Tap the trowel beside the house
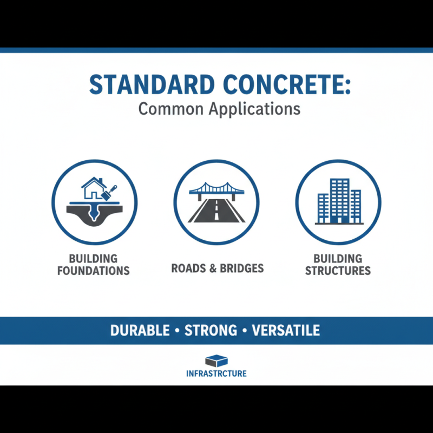tap(110, 192)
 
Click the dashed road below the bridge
tap(216, 211)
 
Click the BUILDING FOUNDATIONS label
tap(94, 264)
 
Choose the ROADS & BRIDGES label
tap(217, 268)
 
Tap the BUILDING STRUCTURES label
tap(338, 264)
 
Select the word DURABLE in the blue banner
tap(140, 330)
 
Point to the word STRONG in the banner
tap(211, 330)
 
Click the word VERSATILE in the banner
tap(285, 330)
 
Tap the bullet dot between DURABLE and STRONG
tap(177, 330)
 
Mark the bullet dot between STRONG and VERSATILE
tap(244, 330)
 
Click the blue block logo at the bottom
tap(216, 361)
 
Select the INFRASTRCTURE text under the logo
tap(216, 373)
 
